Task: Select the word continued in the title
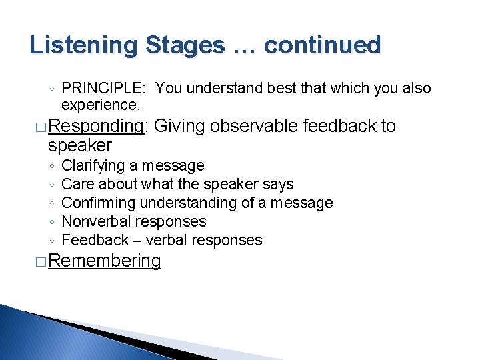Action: click(322, 46)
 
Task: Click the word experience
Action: click(100, 105)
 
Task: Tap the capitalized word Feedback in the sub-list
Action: click(95, 240)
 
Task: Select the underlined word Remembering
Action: click(105, 261)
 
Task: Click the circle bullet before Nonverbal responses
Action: click(51, 222)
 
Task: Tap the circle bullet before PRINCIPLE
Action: click(51, 89)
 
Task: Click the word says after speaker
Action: click(279, 184)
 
